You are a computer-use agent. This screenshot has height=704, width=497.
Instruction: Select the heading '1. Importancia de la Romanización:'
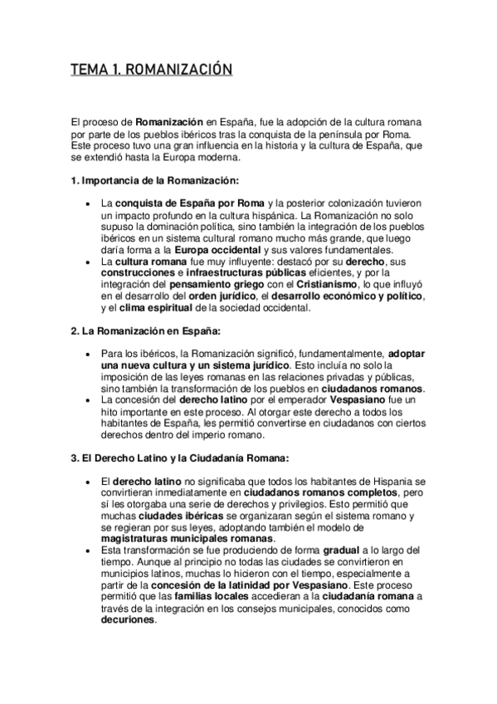click(x=154, y=179)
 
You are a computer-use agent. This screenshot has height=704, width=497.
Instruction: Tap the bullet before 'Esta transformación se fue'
click(x=89, y=550)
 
